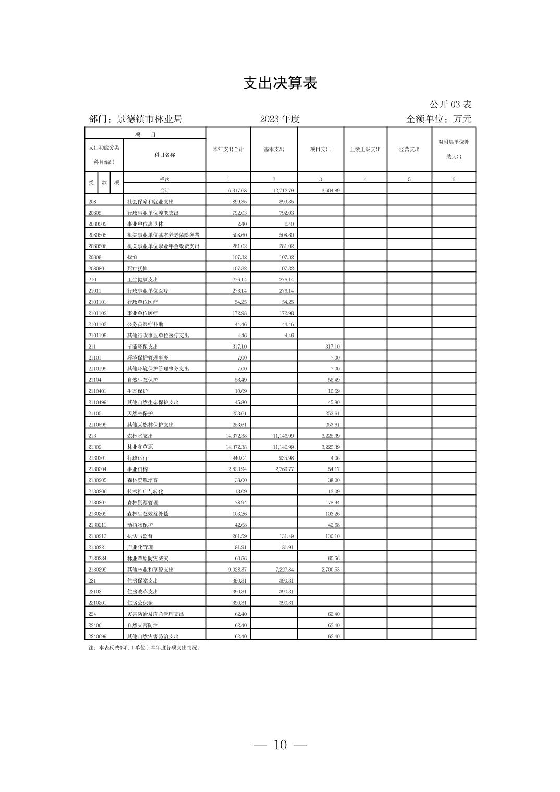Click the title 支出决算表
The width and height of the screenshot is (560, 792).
pyautogui.click(x=280, y=83)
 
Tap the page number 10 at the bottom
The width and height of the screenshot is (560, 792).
pyautogui.click(x=280, y=745)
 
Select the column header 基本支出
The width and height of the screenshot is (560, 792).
pyautogui.click(x=274, y=150)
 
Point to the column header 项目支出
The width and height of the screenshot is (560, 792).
pyautogui.click(x=320, y=150)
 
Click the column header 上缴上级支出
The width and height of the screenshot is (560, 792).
pyautogui.click(x=365, y=150)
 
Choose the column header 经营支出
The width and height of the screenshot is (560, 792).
pyautogui.click(x=409, y=150)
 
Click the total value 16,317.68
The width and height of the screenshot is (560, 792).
pyautogui.click(x=236, y=191)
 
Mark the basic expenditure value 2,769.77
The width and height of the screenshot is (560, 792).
pyautogui.click(x=284, y=469)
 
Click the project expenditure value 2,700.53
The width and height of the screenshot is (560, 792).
pyautogui.click(x=330, y=570)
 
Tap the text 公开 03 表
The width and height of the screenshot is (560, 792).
pyautogui.click(x=451, y=105)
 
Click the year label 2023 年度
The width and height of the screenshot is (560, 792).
pyautogui.click(x=280, y=119)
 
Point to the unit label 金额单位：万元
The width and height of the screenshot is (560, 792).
pyautogui.click(x=439, y=119)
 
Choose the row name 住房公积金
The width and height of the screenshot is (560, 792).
pyautogui.click(x=140, y=603)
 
